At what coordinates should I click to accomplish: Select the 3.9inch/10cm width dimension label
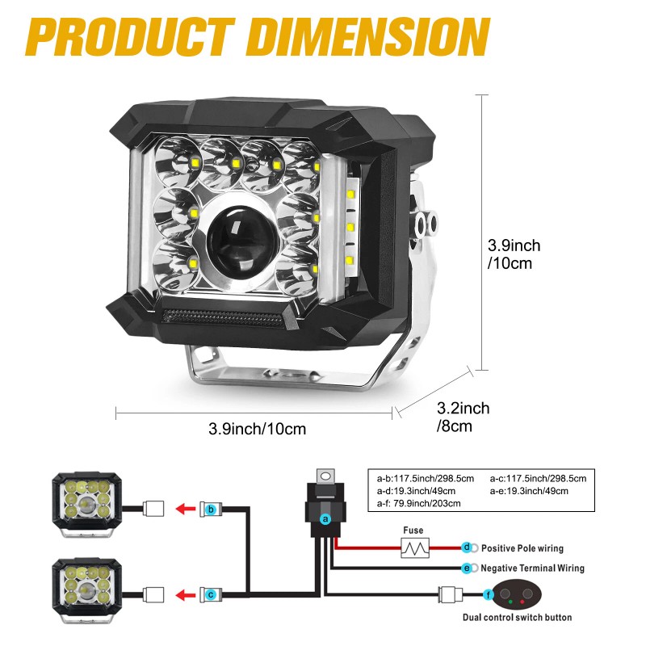point(257,429)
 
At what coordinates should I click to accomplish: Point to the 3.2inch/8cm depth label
point(462,417)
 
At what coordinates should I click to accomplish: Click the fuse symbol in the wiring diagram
point(415,548)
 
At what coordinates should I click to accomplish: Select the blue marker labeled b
point(212,510)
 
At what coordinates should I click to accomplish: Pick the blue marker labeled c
point(212,594)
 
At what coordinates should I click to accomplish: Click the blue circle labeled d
point(467,547)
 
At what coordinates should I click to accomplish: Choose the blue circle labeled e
point(467,568)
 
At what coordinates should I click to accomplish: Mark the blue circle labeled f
point(489,594)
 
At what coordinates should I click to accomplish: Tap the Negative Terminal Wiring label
point(533,568)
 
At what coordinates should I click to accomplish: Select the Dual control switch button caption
point(517,618)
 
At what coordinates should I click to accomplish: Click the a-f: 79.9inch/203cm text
point(418,503)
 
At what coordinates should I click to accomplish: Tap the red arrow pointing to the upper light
point(187,510)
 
